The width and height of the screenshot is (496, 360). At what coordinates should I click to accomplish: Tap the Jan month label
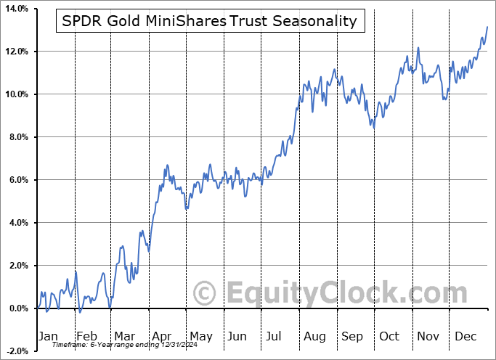point(47,337)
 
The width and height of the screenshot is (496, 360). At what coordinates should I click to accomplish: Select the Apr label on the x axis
point(161,337)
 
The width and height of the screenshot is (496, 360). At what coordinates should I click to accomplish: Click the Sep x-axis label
point(352,337)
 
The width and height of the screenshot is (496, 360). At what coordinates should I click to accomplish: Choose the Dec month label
point(465,337)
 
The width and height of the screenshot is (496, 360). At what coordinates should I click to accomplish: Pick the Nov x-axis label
point(428,337)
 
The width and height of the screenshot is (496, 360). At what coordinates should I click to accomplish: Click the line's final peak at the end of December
point(487,27)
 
